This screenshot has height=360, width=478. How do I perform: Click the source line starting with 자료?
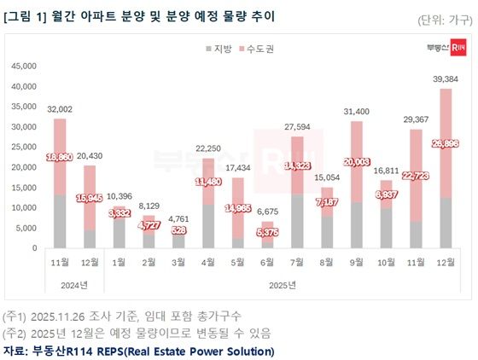point(139,351)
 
